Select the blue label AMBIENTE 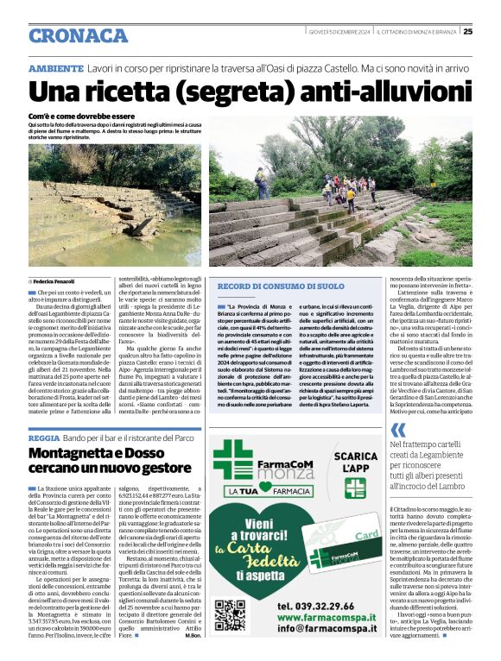tap(56, 67)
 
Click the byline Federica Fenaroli tap(56, 281)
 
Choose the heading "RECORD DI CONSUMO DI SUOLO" tap(281, 286)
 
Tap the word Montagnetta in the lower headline tap(84, 454)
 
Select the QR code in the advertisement tap(229, 615)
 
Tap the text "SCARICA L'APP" tap(355, 462)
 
